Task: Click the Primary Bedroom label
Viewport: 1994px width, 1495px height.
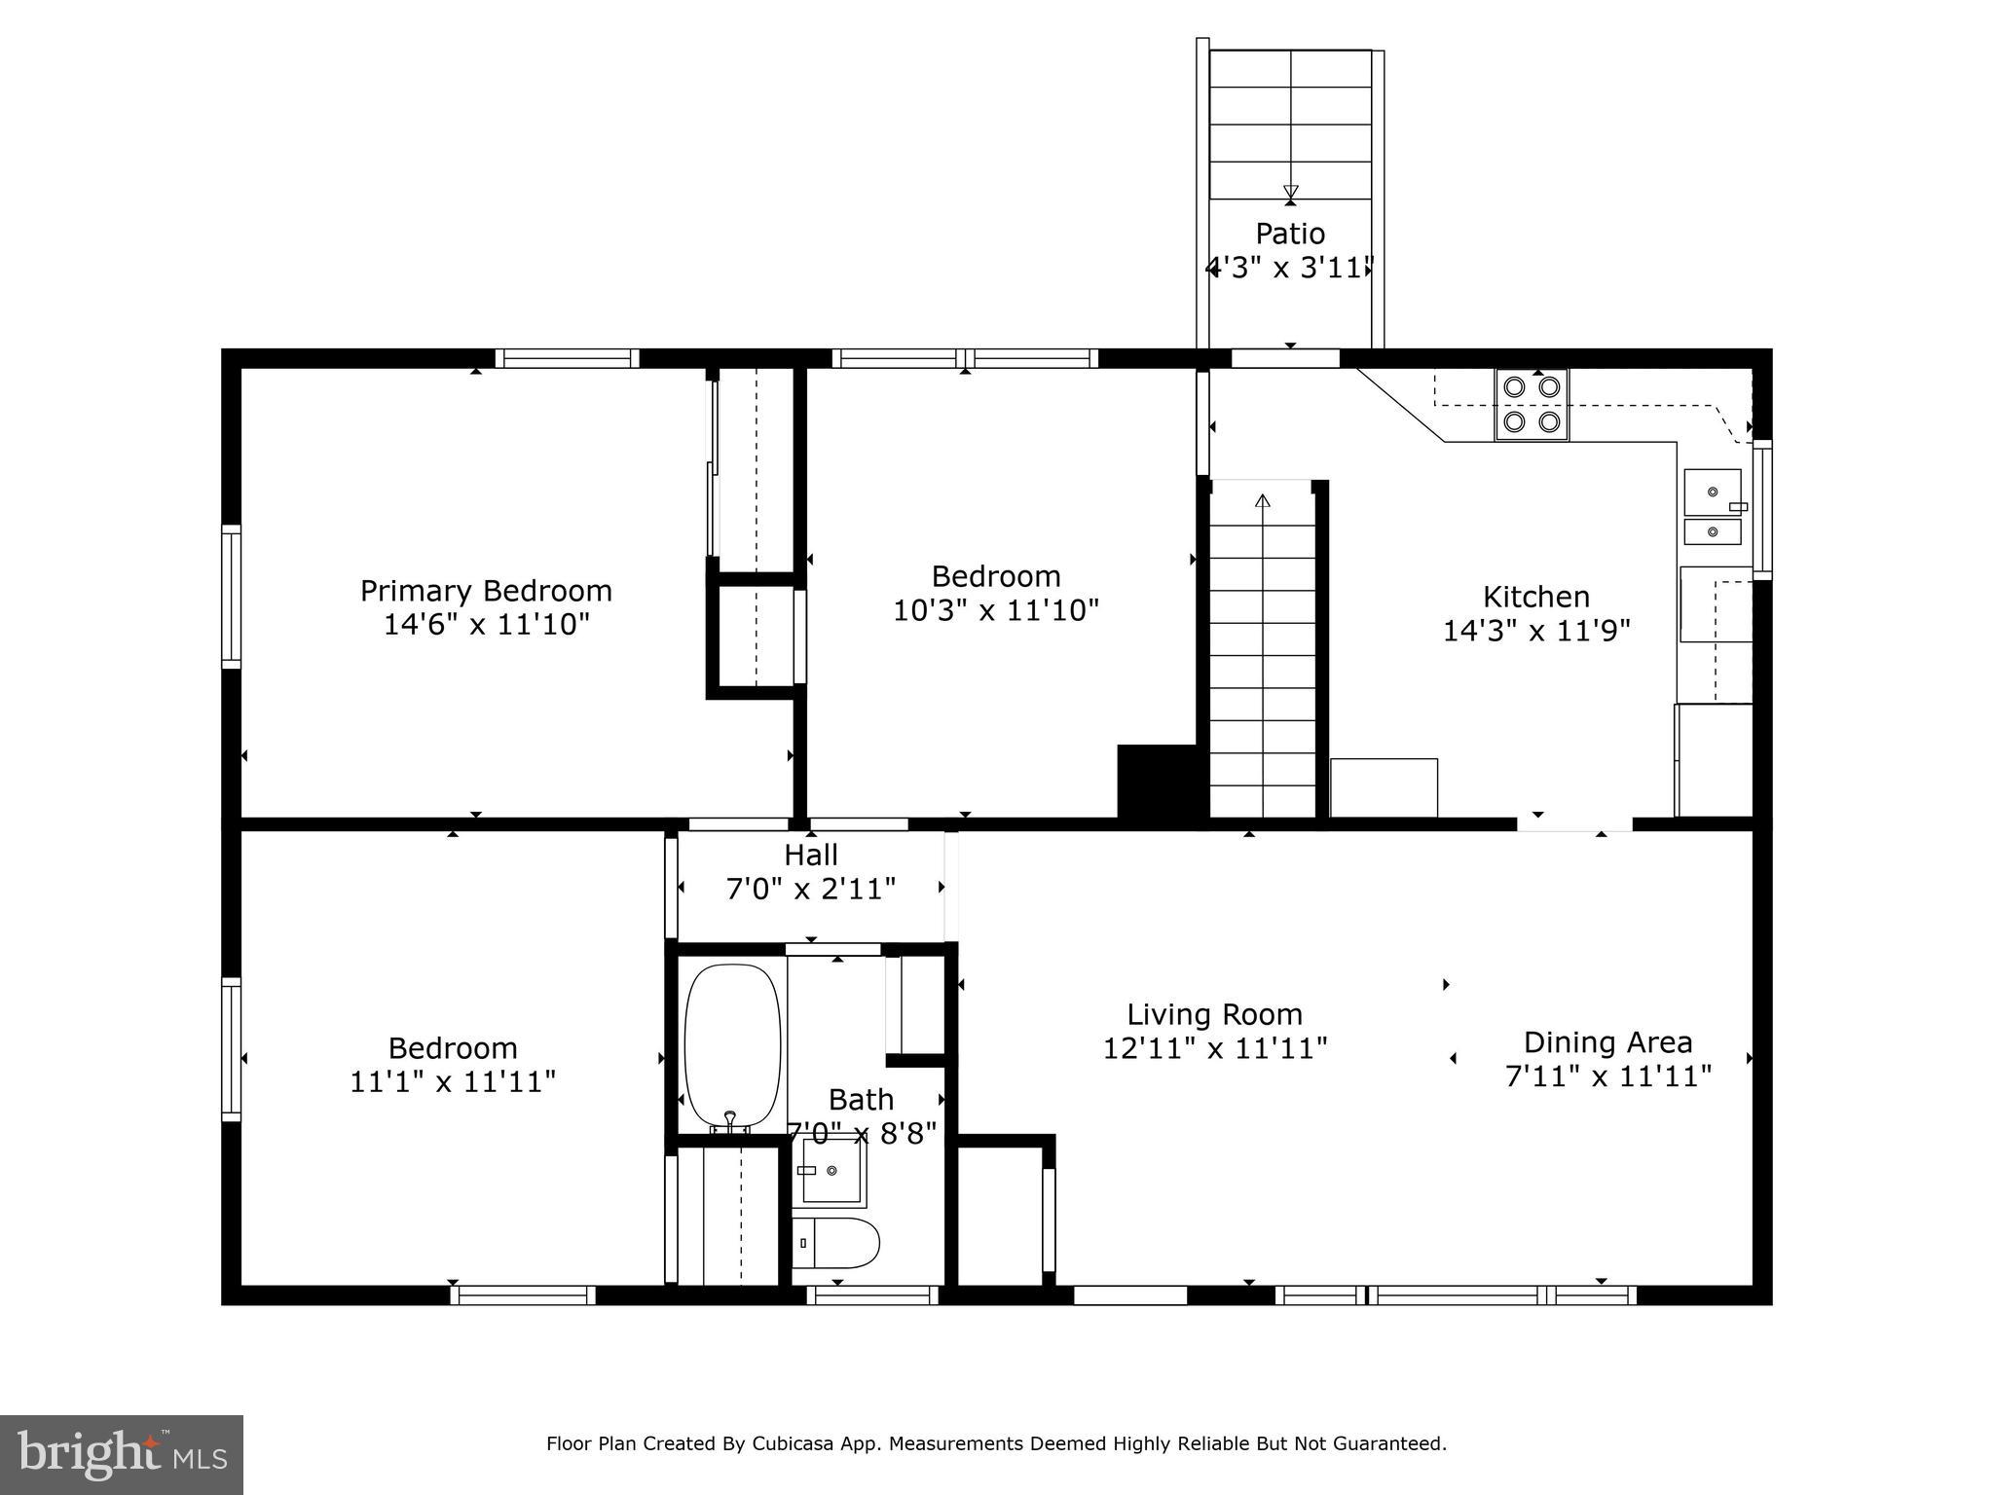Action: (486, 591)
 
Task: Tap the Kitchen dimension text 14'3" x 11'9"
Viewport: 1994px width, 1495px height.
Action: (1536, 631)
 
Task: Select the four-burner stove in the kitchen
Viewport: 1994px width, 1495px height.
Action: (1532, 405)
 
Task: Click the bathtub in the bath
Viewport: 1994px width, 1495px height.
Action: (732, 1047)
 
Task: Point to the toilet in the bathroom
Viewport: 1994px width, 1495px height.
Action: (835, 1243)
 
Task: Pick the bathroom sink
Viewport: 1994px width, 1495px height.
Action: (832, 1170)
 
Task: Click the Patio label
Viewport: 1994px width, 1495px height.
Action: (1290, 234)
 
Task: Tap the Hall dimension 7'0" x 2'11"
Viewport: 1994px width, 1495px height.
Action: (811, 889)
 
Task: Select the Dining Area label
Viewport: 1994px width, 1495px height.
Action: (1608, 1042)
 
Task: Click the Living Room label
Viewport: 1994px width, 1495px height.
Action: (1215, 1015)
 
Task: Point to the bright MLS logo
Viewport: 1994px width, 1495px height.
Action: (122, 1455)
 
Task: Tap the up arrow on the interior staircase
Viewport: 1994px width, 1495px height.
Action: (1263, 502)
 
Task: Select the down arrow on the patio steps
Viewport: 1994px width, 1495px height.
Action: (1291, 192)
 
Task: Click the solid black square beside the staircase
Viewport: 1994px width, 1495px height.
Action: (1157, 782)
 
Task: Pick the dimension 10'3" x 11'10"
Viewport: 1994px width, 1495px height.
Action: (996, 610)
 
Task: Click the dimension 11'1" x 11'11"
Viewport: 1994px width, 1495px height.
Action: (453, 1081)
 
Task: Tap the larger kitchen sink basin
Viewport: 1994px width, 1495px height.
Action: (1713, 492)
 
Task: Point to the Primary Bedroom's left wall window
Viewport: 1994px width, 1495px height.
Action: (231, 597)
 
